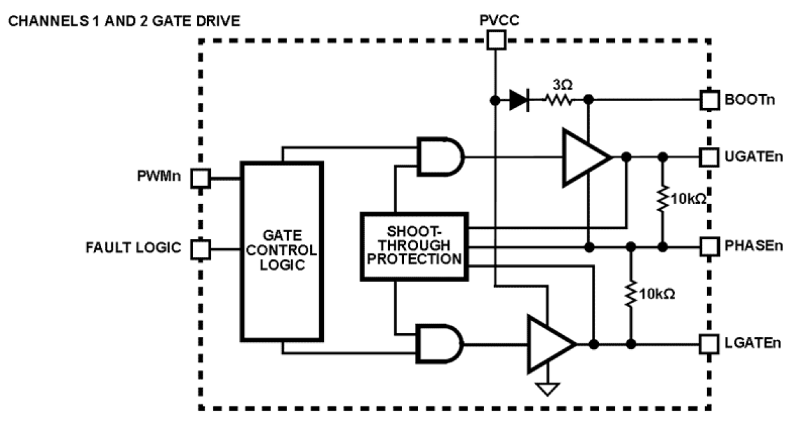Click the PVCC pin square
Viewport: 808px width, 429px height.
coord(495,41)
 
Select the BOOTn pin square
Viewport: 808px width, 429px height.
coord(709,100)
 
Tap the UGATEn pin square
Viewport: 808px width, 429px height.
coord(709,156)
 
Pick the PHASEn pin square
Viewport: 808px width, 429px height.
coord(709,246)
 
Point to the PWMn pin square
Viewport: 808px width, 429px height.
coord(201,178)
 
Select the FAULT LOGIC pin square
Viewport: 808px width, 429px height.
coord(201,248)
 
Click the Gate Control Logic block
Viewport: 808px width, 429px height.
coord(281,251)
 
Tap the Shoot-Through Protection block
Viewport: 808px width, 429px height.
coord(412,247)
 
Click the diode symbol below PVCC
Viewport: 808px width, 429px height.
coord(519,101)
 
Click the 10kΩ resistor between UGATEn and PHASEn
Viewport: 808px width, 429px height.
coord(662,200)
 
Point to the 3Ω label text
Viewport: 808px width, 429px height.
coord(560,84)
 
